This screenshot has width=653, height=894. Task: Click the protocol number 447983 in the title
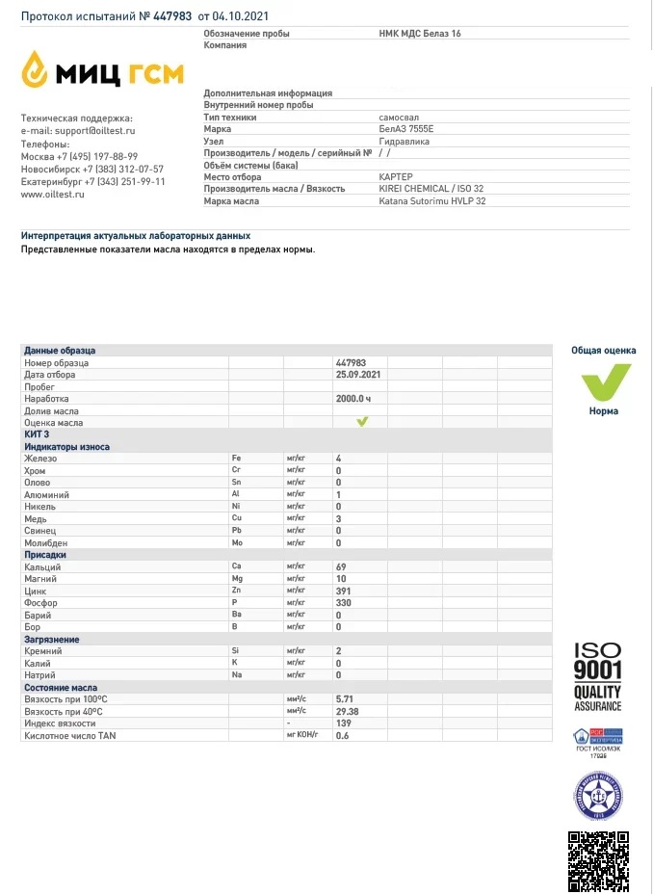[173, 16]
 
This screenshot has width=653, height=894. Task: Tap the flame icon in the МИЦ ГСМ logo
[36, 69]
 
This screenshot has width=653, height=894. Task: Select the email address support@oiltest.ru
[94, 130]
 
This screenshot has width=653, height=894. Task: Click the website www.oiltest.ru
[53, 194]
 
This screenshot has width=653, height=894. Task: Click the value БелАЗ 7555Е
[406, 128]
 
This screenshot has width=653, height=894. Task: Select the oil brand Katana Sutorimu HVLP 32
[432, 201]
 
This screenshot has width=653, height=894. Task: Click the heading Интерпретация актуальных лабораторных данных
[136, 235]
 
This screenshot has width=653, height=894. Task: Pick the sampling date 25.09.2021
[358, 374]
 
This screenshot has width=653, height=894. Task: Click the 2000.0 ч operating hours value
[353, 398]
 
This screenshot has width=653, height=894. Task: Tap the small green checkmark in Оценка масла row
[362, 422]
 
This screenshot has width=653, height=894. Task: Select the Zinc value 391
[344, 591]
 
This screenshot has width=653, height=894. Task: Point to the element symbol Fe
[236, 459]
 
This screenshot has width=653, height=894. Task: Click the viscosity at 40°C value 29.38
[347, 711]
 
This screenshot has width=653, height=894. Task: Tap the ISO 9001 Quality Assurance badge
[597, 677]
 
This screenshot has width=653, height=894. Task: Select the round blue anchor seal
[597, 796]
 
